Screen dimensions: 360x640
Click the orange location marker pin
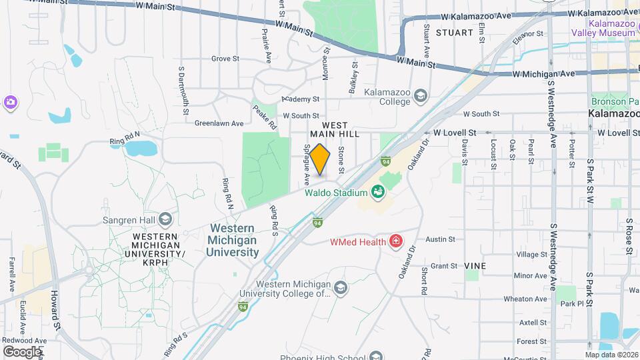[x=321, y=160]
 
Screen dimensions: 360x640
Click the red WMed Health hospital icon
[x=395, y=241]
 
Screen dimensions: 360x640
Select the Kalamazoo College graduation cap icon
[x=420, y=96]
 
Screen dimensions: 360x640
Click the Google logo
[x=21, y=351]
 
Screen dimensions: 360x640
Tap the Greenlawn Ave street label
[x=217, y=123]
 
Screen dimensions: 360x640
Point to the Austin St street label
[x=440, y=239]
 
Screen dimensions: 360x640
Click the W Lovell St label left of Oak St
[x=455, y=133]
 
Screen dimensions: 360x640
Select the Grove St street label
[x=225, y=59]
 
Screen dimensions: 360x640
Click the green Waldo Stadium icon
[x=378, y=192]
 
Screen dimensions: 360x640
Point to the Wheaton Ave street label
[x=525, y=299]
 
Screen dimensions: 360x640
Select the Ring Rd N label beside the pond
[x=125, y=141]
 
